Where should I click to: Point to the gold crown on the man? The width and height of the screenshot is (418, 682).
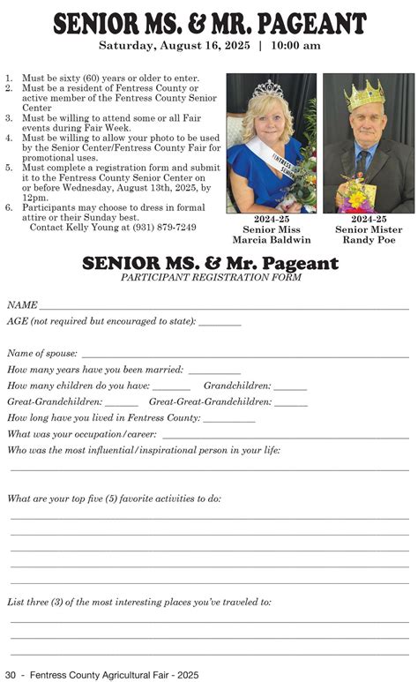tap(364, 94)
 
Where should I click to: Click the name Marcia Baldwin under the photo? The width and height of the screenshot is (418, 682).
tap(271, 240)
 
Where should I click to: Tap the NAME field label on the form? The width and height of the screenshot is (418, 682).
tap(22, 304)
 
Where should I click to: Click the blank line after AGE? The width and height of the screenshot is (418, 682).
tap(220, 325)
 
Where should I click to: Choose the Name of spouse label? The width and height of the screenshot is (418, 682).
tap(42, 353)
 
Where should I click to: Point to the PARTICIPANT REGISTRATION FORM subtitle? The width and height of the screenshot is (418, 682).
tap(210, 277)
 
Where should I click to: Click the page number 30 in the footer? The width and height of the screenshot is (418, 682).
tap(11, 674)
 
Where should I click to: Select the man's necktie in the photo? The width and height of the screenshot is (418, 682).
tap(363, 163)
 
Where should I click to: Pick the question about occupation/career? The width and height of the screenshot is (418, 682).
tap(82, 434)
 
